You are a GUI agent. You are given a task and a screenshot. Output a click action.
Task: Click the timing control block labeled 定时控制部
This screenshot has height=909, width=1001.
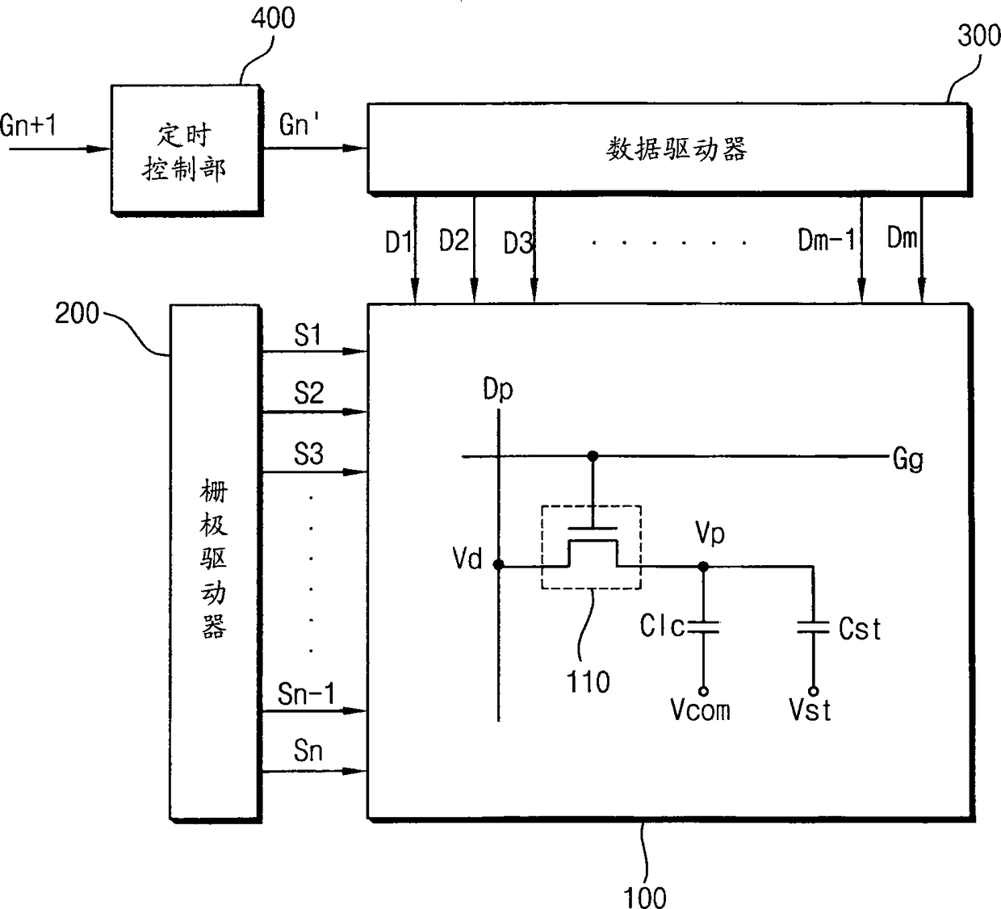click(x=187, y=150)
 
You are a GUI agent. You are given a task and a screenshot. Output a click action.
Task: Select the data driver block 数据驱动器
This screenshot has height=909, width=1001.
click(x=669, y=149)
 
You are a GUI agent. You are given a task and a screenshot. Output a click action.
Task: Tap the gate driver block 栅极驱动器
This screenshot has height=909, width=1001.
click(x=216, y=563)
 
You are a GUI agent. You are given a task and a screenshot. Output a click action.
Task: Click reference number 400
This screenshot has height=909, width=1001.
click(x=273, y=19)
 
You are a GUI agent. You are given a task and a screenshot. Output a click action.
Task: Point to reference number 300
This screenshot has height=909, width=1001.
click(x=978, y=36)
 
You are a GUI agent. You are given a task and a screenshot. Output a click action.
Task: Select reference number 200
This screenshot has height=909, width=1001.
click(x=77, y=313)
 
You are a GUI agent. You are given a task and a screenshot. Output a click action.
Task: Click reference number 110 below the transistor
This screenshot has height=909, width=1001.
click(x=588, y=682)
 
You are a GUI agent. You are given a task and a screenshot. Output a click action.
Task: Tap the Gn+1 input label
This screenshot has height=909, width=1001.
click(x=28, y=124)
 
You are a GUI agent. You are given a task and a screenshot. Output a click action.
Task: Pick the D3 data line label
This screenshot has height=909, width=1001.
click(x=518, y=244)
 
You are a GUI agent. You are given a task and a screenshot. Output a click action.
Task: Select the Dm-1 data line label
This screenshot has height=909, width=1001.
click(x=826, y=240)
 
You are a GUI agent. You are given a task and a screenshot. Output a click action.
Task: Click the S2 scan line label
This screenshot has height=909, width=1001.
click(x=308, y=393)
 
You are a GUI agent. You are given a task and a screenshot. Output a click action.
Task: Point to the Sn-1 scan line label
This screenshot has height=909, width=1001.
click(x=307, y=693)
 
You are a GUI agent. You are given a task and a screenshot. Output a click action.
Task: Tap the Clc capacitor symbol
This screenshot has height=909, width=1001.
click(x=704, y=627)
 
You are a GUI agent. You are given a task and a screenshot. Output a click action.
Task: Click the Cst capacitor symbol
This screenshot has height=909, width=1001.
click(x=814, y=627)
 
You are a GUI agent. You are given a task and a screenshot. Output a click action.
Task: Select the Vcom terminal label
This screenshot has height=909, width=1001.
click(x=701, y=710)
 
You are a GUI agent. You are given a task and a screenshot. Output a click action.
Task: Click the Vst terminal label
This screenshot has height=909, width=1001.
click(x=810, y=710)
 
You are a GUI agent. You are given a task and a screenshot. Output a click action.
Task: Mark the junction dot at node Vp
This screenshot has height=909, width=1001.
click(x=704, y=567)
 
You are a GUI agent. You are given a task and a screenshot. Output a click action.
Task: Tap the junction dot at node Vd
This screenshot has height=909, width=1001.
click(x=499, y=565)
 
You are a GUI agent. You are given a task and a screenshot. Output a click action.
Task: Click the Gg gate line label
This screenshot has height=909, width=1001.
click(x=907, y=459)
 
